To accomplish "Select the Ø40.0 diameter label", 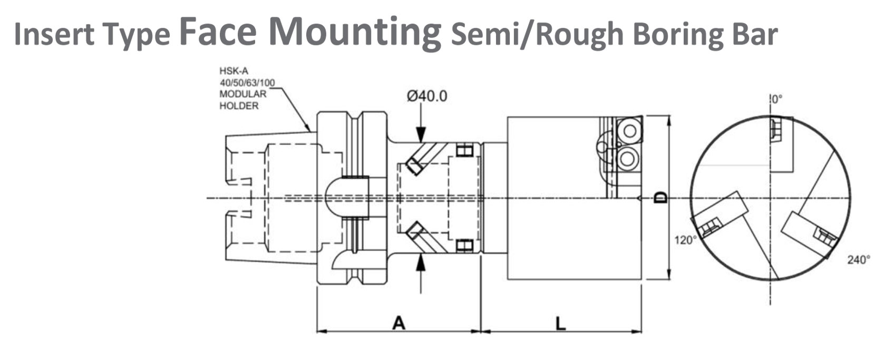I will (426, 96).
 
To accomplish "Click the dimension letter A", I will (399, 322).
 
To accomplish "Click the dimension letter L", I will (561, 323).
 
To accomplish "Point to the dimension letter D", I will (660, 198).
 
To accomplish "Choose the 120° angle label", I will (685, 240).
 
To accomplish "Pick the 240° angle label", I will (859, 260).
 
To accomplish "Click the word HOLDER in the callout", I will (239, 105).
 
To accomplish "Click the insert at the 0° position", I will (776, 129).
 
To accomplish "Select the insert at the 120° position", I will (710, 227).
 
